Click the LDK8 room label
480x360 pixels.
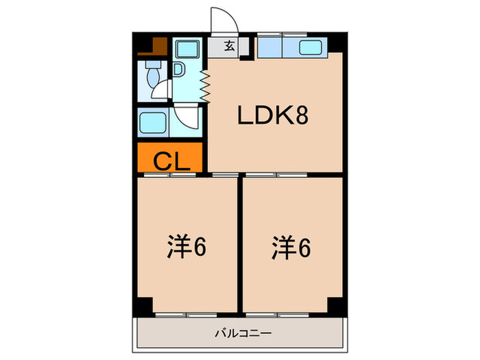(273, 115)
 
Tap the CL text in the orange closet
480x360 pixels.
(171, 161)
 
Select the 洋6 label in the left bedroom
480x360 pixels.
(187, 247)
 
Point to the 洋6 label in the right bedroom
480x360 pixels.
(291, 248)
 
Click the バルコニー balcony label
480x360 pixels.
(243, 333)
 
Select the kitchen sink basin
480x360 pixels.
(311, 47)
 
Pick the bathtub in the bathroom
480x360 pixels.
(153, 123)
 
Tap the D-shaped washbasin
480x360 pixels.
(178, 69)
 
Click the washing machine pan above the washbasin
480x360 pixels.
(187, 49)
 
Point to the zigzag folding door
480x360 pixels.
(205, 86)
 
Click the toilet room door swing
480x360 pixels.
(160, 89)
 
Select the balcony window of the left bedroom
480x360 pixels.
(186, 315)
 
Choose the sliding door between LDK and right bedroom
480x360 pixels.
(276, 175)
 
